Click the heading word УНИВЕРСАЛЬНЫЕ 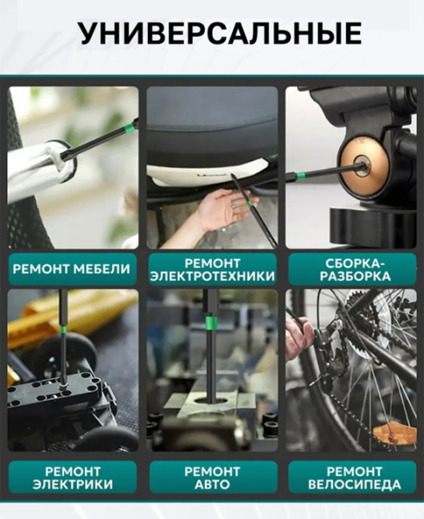[x=220, y=34]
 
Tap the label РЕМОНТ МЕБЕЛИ [x=72, y=269]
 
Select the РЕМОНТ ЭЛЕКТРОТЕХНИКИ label [x=212, y=270]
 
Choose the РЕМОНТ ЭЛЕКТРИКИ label [x=73, y=477]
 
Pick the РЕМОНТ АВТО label [x=212, y=477]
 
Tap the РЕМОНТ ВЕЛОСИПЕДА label [x=355, y=477]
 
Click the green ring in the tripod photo [x=301, y=175]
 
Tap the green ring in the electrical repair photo [x=63, y=330]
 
